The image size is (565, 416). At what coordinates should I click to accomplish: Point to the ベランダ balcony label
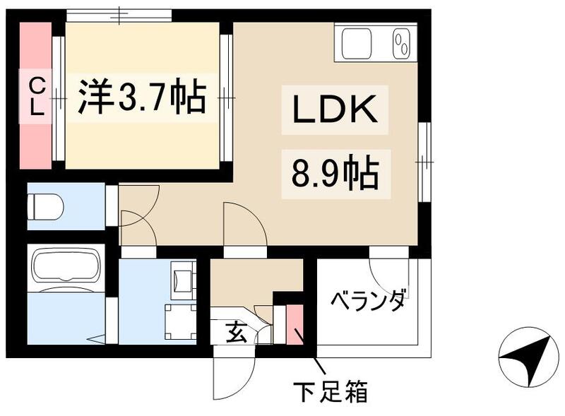(369, 299)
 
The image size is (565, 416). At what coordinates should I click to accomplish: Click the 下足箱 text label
(331, 391)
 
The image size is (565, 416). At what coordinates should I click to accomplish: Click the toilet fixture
(45, 206)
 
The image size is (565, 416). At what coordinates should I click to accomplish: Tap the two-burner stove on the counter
(403, 43)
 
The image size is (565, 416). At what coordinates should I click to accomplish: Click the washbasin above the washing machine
(182, 277)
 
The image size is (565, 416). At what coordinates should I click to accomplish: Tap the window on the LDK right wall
(425, 162)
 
